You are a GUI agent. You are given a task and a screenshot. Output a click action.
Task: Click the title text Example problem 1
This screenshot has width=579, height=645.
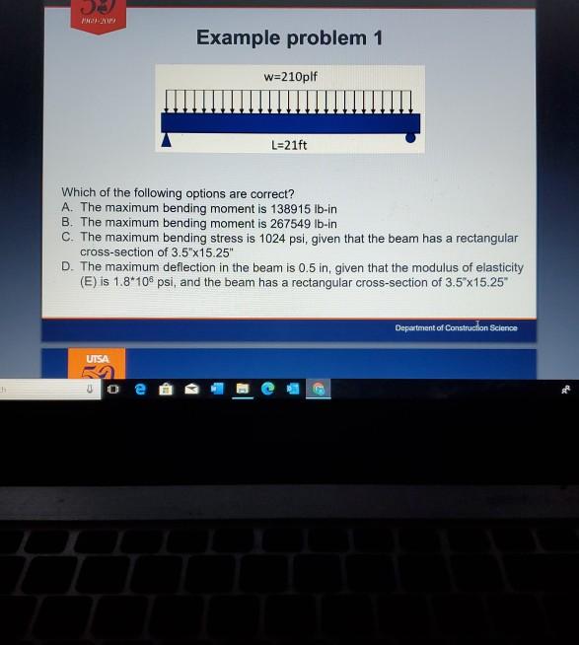tap(288, 38)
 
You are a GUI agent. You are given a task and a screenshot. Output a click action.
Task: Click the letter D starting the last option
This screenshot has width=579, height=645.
tap(66, 267)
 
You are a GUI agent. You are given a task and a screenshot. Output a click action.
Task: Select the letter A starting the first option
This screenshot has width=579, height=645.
tap(66, 208)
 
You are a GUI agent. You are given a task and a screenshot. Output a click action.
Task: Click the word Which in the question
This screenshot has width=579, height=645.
tap(79, 193)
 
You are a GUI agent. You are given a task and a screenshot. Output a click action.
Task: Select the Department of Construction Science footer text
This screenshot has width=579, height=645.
tap(457, 327)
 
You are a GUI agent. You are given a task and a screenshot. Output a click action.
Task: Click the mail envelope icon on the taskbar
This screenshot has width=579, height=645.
tap(193, 390)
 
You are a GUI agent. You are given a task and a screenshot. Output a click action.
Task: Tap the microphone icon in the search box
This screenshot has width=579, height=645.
tap(89, 390)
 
